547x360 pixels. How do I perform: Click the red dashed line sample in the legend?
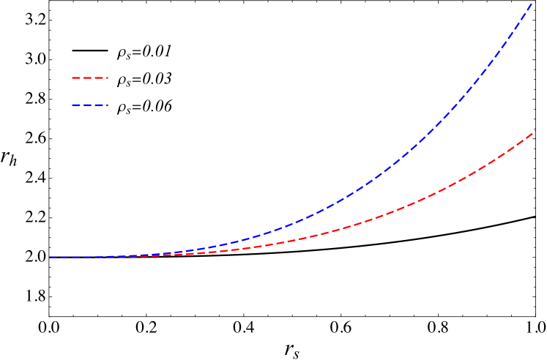(89, 78)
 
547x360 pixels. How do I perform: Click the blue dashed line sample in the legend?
(89, 105)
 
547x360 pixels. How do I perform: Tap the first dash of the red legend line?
(76, 78)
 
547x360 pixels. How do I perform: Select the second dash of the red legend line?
(86, 78)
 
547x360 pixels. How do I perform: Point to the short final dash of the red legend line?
(106, 78)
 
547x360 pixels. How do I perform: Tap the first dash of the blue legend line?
(76, 105)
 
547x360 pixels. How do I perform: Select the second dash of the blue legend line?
(86, 105)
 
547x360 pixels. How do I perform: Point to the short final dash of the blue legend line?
(106, 105)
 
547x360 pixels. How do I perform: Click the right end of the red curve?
(535, 131)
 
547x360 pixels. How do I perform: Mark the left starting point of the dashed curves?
(51, 257)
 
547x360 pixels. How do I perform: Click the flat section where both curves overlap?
(95, 257)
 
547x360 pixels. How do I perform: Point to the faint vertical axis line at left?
(50, 146)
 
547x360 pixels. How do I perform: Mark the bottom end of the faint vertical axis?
(50, 312)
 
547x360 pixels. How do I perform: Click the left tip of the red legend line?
(72, 78)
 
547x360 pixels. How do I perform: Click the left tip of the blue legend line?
(72, 105)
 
